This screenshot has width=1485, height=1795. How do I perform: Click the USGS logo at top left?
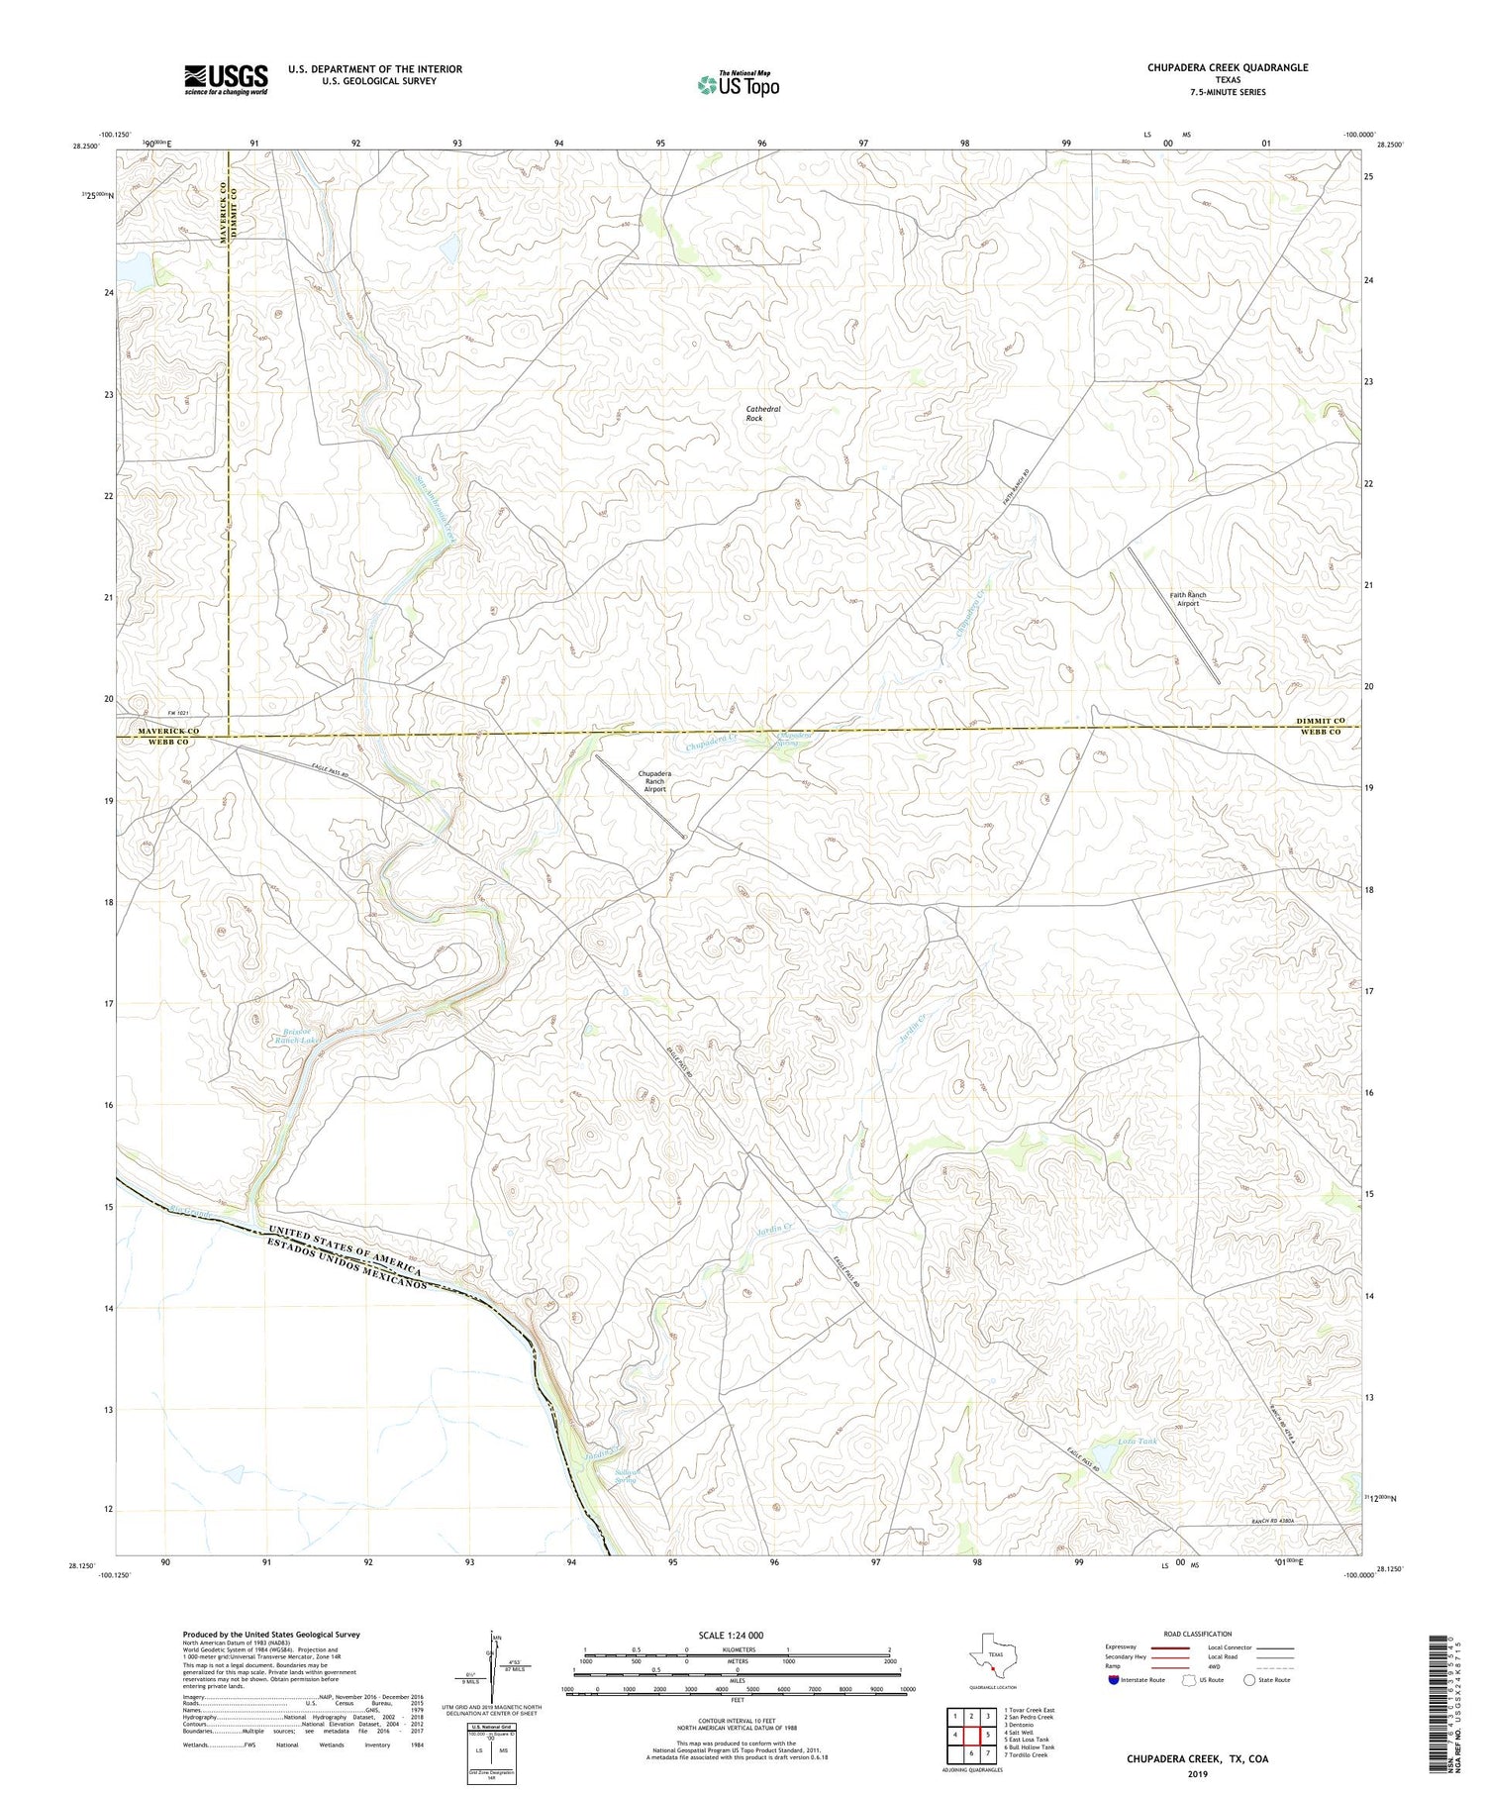click(x=226, y=79)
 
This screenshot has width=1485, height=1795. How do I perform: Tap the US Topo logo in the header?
click(x=738, y=85)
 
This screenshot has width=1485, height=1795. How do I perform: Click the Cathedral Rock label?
click(x=762, y=413)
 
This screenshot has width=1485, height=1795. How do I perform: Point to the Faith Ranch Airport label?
click(x=1188, y=599)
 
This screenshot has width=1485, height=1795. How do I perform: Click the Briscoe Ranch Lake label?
click(x=298, y=1036)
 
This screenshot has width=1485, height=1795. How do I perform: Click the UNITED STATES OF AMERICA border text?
click(x=343, y=1250)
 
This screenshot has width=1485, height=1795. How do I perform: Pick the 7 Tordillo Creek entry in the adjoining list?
click(x=1026, y=1754)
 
